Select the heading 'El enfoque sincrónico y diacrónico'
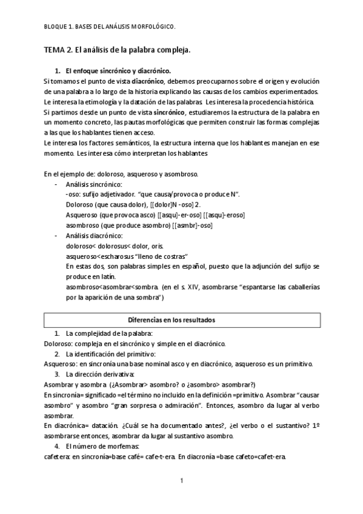click(118, 70)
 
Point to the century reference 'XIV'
click(179, 287)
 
